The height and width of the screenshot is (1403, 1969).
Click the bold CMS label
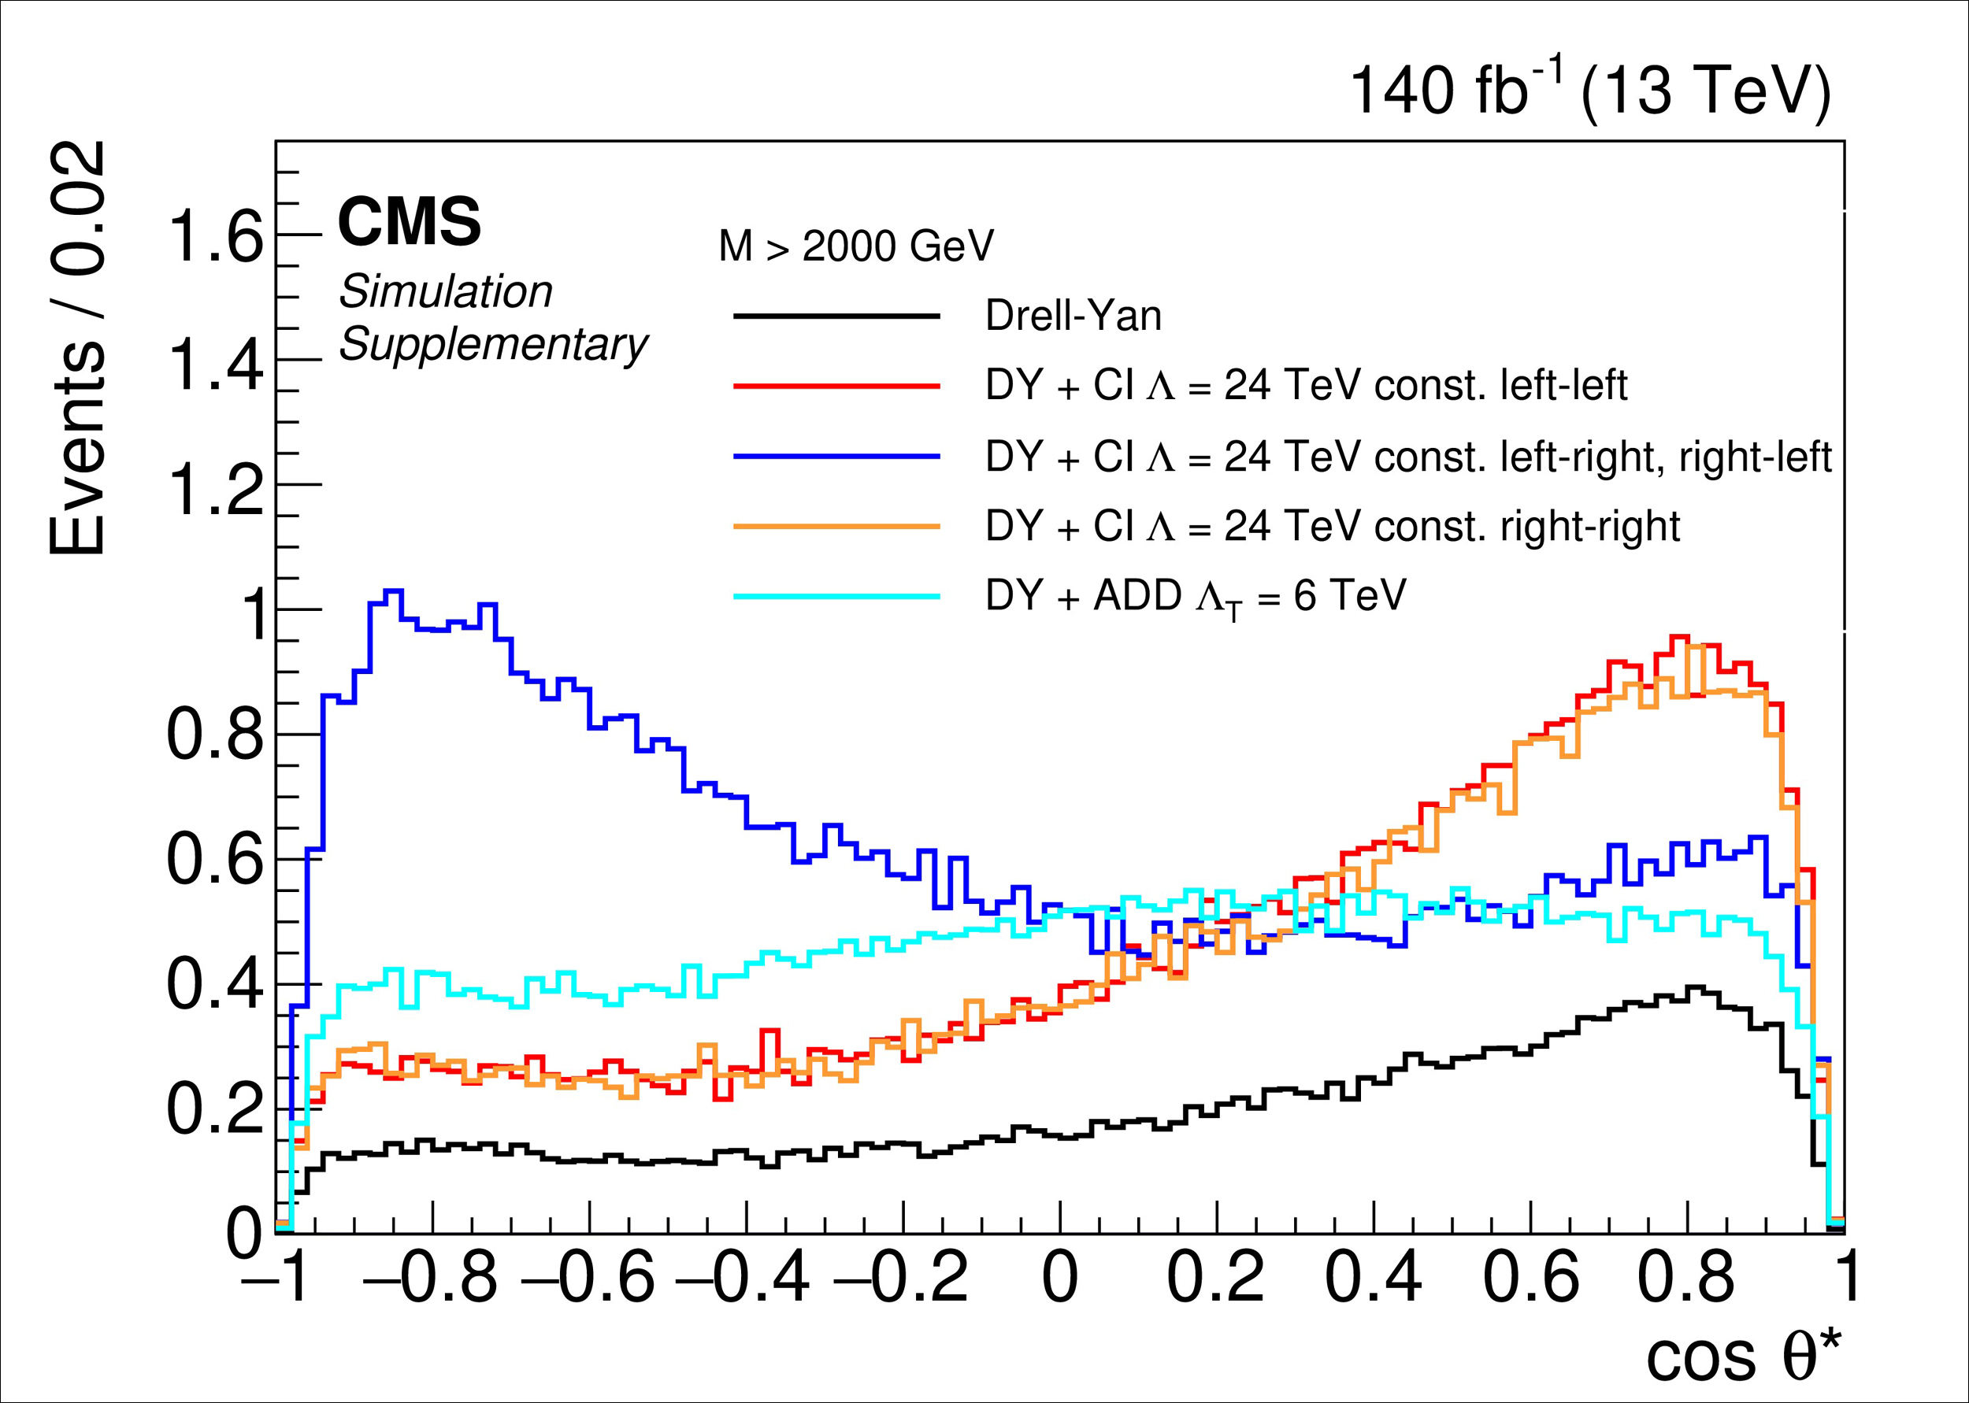[409, 221]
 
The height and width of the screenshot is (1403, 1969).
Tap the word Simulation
[445, 291]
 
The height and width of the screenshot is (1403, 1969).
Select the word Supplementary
[492, 344]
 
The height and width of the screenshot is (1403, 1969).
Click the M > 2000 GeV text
[855, 246]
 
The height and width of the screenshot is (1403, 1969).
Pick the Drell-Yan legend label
[1073, 316]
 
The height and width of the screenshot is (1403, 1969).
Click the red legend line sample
[836, 386]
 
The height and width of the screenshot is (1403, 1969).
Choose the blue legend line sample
[836, 456]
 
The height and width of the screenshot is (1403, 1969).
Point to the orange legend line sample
[836, 526]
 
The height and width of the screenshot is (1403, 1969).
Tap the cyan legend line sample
[836, 595]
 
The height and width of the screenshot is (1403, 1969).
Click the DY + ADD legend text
[1195, 596]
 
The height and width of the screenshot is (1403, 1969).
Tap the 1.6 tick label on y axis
[215, 237]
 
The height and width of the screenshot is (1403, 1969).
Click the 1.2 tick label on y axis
[215, 488]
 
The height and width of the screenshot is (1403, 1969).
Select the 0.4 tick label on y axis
[215, 985]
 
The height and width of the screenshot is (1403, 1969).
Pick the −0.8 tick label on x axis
[429, 1277]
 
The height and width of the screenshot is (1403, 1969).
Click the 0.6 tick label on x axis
[1530, 1277]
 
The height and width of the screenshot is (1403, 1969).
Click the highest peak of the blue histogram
[393, 591]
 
